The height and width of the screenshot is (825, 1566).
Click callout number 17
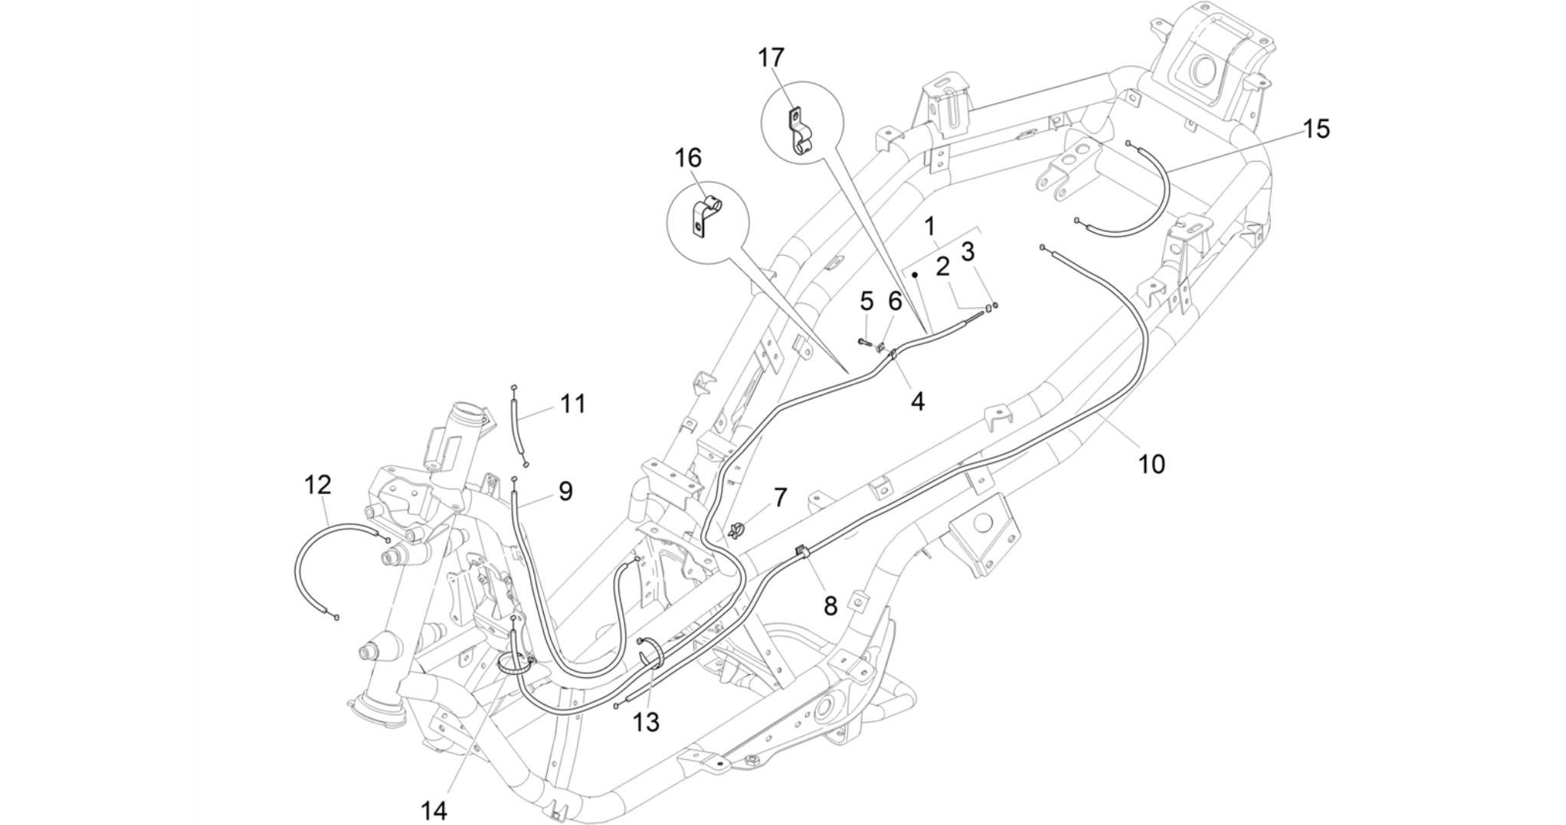point(772,57)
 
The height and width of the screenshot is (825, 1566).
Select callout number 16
point(687,159)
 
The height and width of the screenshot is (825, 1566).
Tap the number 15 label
point(1316,129)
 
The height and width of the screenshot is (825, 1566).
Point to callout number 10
point(1152,463)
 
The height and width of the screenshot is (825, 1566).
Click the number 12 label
point(318,484)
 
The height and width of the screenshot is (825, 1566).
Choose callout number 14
point(434,810)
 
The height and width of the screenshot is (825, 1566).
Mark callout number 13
point(646,722)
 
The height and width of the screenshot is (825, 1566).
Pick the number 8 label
point(831,606)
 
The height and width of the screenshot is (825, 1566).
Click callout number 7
point(780,498)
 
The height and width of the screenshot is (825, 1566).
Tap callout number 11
point(572,404)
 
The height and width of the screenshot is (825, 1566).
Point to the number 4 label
point(917,401)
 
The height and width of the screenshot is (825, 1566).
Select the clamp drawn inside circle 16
point(705,217)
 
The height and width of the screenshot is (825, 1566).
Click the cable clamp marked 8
point(801,551)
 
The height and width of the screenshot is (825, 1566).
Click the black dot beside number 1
point(915,273)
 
